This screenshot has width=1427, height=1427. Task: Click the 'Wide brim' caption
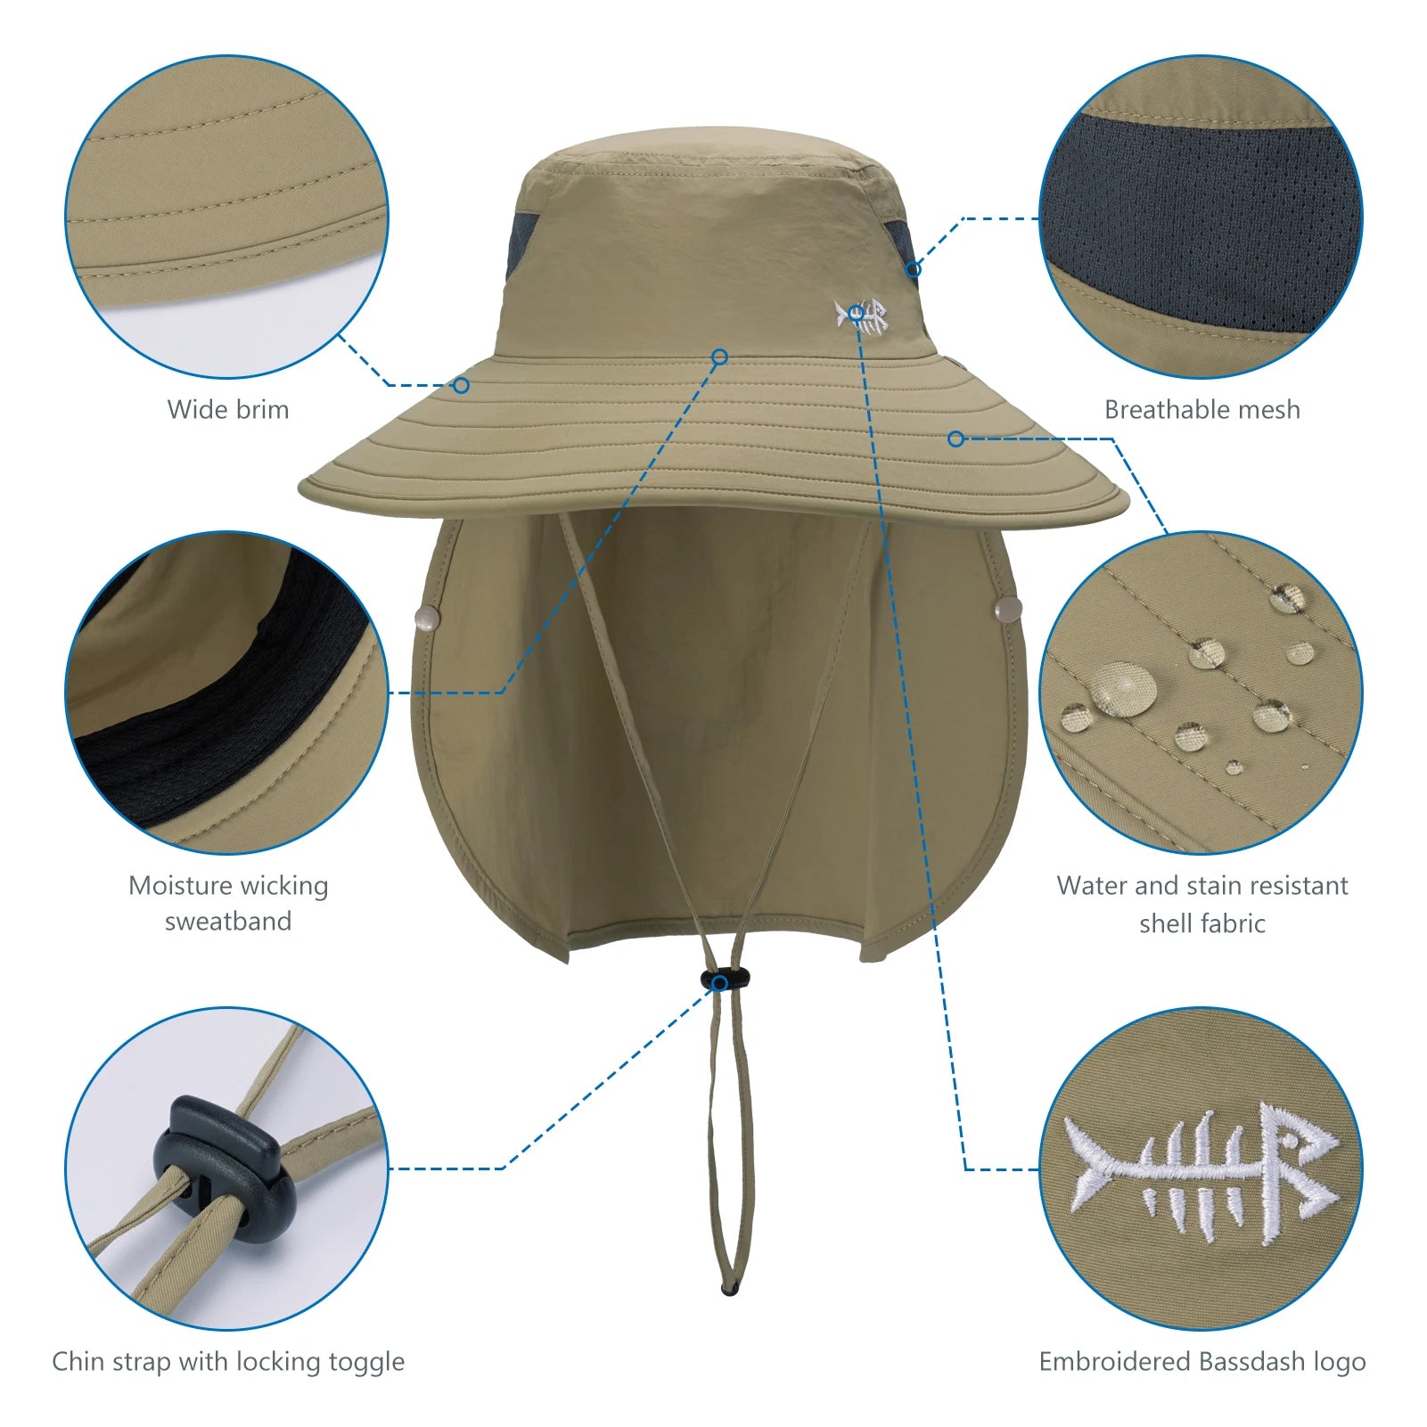228,410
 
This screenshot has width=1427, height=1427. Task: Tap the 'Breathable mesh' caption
1201,410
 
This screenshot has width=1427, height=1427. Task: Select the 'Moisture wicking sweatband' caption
228,903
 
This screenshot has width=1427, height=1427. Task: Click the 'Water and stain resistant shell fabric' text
1201,904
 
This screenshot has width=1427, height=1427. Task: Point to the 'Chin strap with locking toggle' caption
228,1361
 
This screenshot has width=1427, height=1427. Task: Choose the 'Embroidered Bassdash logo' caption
1201,1361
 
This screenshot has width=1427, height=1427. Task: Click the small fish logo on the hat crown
862,316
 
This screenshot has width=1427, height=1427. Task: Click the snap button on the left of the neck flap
428,617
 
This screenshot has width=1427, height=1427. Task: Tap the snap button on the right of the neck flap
1008,610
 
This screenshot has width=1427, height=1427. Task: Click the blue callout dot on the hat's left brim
461,385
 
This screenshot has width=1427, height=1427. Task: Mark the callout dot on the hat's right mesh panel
913,269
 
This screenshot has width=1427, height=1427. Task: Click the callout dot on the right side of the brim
955,439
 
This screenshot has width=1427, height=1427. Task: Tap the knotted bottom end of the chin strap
730,1289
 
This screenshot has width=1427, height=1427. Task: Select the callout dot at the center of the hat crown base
720,357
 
